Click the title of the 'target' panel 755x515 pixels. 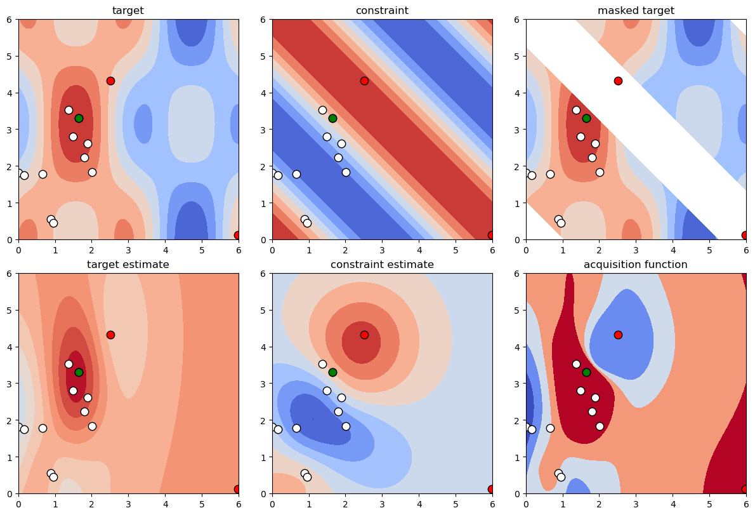128,10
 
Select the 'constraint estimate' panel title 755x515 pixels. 382,264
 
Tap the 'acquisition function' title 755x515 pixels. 636,264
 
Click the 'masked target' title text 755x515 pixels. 636,10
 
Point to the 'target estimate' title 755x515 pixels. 128,264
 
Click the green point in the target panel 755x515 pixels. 79,118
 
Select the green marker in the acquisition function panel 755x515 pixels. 586,372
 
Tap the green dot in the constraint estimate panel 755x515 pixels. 332,372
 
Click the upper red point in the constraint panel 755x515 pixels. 364,81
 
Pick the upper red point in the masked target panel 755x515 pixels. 618,81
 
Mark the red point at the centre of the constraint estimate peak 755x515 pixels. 364,335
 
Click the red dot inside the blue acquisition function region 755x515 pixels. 618,335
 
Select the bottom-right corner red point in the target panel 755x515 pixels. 237,235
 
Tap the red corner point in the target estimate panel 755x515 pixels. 237,489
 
